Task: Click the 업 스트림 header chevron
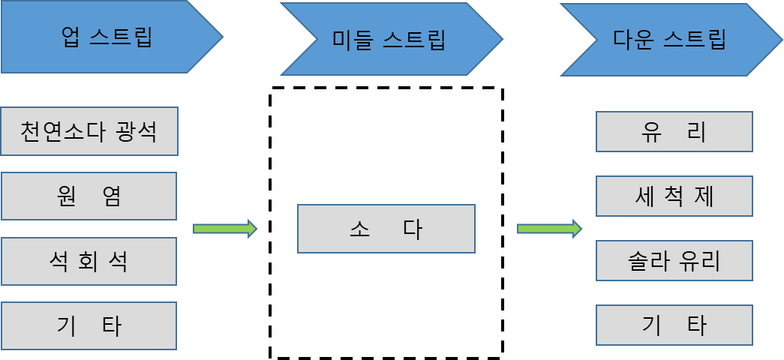click(105, 37)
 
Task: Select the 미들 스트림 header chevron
click(389, 39)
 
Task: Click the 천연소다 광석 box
click(89, 131)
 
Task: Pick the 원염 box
click(89, 196)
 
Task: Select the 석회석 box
click(89, 262)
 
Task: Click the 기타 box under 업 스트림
click(89, 326)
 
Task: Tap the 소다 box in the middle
click(386, 229)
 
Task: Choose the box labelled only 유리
click(674, 132)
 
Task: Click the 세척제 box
click(674, 196)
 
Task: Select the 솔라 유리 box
click(674, 261)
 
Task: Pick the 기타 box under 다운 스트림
click(674, 325)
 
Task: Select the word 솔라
click(647, 261)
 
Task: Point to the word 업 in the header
click(71, 37)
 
